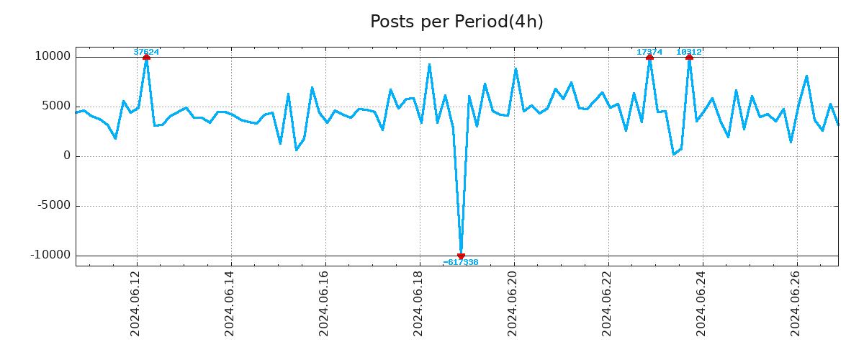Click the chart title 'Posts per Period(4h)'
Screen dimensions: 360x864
point(456,22)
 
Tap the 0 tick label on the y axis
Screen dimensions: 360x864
point(67,156)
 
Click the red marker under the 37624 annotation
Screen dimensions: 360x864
point(146,57)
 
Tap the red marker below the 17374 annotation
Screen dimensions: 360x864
point(649,57)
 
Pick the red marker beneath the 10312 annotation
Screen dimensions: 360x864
point(689,57)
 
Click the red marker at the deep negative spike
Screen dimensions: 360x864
point(461,256)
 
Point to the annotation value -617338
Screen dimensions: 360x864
point(461,263)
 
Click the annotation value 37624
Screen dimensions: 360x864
point(146,52)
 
